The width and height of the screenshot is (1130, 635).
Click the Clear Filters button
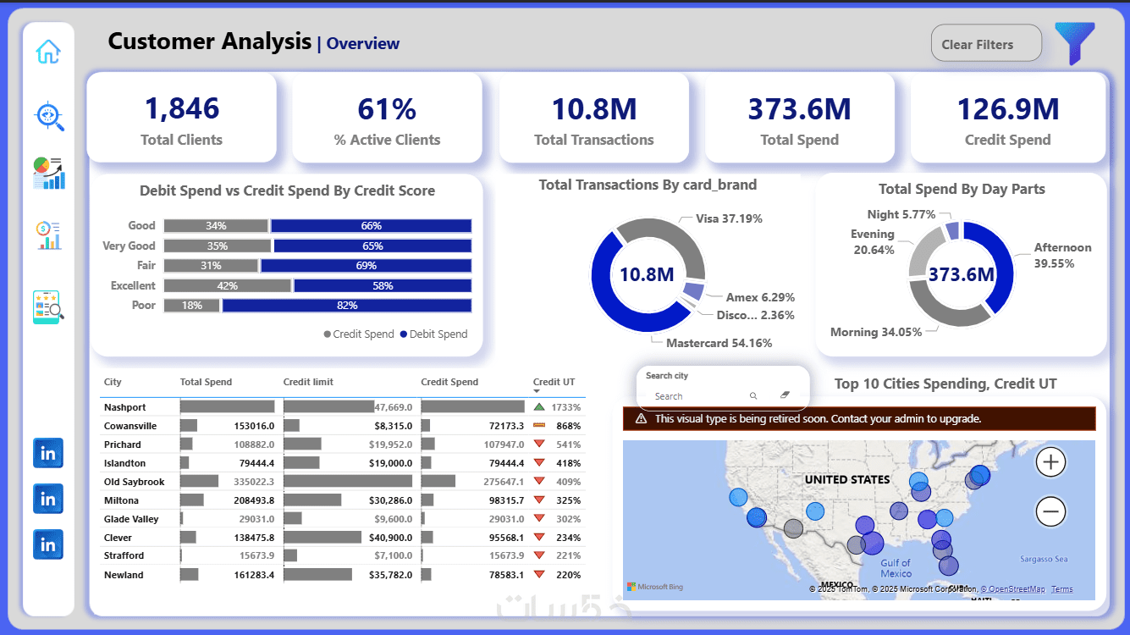tap(985, 44)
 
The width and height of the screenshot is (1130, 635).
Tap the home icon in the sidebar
tap(48, 52)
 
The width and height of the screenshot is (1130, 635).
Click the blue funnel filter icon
tap(1074, 44)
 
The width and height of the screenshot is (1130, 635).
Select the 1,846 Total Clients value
tap(181, 109)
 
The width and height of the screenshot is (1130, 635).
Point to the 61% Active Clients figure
tap(387, 109)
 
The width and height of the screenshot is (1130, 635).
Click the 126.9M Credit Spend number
tap(1007, 109)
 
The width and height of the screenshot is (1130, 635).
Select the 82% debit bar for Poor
tap(346, 306)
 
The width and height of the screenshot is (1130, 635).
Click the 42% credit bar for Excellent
tap(227, 286)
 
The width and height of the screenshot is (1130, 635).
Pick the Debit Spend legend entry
tap(434, 334)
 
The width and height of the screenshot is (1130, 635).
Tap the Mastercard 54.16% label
tap(719, 344)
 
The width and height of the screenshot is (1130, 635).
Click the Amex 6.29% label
tap(760, 298)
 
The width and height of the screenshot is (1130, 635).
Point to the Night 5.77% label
tap(901, 215)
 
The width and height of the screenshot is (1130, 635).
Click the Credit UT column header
tap(554, 383)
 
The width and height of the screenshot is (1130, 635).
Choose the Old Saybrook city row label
tap(134, 482)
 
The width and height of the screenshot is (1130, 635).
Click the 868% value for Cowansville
tap(568, 426)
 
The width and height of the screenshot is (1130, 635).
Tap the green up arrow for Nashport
tap(539, 407)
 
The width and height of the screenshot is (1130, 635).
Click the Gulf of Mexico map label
tap(895, 568)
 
